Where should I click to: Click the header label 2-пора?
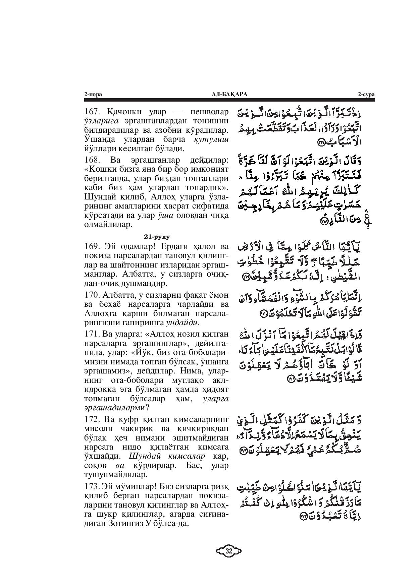[93, 95]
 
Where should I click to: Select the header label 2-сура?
[366, 95]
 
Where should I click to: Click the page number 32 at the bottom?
[229, 551]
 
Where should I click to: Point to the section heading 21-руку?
[157, 237]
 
